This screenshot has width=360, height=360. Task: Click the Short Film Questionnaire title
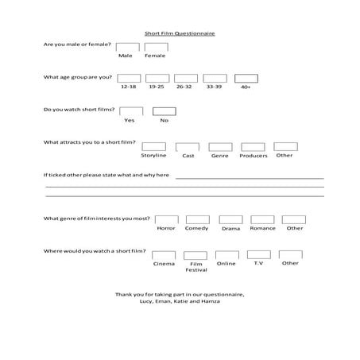[x=180, y=34]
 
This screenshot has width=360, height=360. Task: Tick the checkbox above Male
[x=125, y=47]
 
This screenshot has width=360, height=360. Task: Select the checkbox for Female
[x=155, y=47]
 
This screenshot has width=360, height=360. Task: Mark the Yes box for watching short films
[x=131, y=111]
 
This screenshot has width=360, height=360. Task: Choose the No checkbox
[x=164, y=111]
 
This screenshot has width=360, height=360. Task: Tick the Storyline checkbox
[x=153, y=147]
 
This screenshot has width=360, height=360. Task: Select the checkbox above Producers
[x=252, y=147]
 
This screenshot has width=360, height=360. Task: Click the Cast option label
[x=188, y=156]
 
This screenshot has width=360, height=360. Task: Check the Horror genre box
[x=166, y=219]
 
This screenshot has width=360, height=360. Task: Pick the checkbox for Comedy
[x=197, y=219]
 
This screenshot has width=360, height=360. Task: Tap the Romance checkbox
[x=262, y=219]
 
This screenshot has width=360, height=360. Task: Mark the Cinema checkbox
[x=164, y=254]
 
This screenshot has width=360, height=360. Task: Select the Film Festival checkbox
[x=195, y=255]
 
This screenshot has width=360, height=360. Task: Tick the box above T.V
[x=258, y=254]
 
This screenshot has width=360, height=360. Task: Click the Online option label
[x=226, y=263]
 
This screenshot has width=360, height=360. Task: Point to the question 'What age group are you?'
[x=78, y=77]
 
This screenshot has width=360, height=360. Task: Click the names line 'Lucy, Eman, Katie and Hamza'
[x=180, y=301]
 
